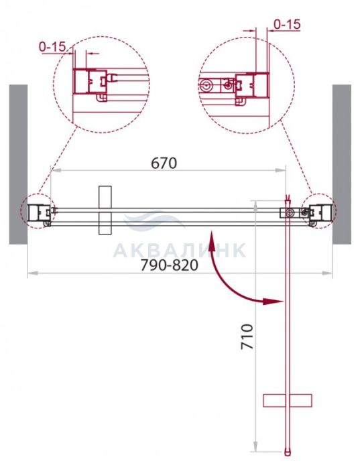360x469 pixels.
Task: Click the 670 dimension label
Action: pos(164,163)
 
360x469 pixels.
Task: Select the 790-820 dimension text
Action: pos(170,265)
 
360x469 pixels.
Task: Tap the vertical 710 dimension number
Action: pos(247,336)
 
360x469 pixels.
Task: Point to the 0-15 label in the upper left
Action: pos(53,47)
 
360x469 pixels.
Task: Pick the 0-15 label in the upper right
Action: pos(287,25)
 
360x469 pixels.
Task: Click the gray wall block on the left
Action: pos(18,164)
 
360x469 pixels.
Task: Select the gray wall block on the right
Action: pos(342,164)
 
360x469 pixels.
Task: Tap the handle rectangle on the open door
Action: pos(288,401)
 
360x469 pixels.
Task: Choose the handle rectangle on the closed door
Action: pos(105,210)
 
